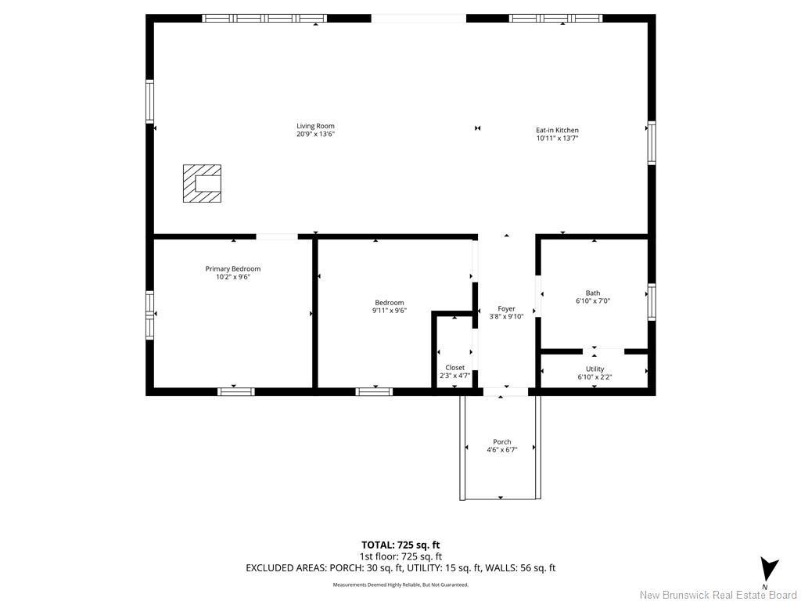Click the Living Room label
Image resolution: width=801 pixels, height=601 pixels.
pyautogui.click(x=315, y=126)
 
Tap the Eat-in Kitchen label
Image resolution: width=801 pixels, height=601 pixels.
pyautogui.click(x=557, y=130)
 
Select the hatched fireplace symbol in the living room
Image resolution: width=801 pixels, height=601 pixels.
pyautogui.click(x=202, y=184)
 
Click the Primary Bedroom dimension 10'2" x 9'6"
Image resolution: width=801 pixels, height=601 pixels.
pyautogui.click(x=233, y=277)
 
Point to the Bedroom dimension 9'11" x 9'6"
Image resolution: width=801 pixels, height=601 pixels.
pyautogui.click(x=389, y=311)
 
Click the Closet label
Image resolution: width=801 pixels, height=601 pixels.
pyautogui.click(x=454, y=367)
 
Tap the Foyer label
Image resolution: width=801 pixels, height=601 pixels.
pyautogui.click(x=506, y=308)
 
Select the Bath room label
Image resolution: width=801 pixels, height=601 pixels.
pyautogui.click(x=593, y=293)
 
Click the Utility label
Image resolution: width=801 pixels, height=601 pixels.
pyautogui.click(x=594, y=369)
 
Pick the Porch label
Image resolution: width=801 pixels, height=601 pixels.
pyautogui.click(x=501, y=442)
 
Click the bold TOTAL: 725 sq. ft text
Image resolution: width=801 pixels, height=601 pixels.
pyautogui.click(x=400, y=545)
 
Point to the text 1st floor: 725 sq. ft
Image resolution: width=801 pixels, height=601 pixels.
pyautogui.click(x=400, y=556)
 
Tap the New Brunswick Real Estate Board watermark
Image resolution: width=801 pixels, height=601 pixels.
pyautogui.click(x=718, y=595)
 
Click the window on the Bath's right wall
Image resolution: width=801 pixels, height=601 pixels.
pyautogui.click(x=651, y=302)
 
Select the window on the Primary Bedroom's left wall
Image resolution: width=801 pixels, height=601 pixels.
pyautogui.click(x=149, y=315)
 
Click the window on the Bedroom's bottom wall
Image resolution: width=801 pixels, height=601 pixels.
pyautogui.click(x=374, y=391)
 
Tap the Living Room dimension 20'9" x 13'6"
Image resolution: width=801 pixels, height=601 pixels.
pyautogui.click(x=315, y=135)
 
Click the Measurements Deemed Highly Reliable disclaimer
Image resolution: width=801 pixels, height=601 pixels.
pyautogui.click(x=400, y=585)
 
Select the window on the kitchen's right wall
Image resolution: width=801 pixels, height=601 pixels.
pyautogui.click(x=651, y=143)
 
